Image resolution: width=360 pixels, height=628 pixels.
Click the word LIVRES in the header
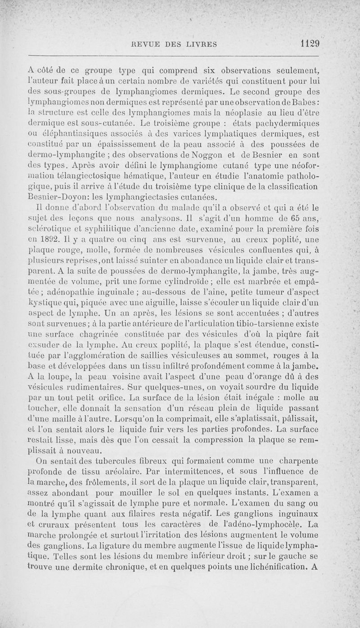click(200, 44)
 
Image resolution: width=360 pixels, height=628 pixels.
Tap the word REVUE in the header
click(143, 44)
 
